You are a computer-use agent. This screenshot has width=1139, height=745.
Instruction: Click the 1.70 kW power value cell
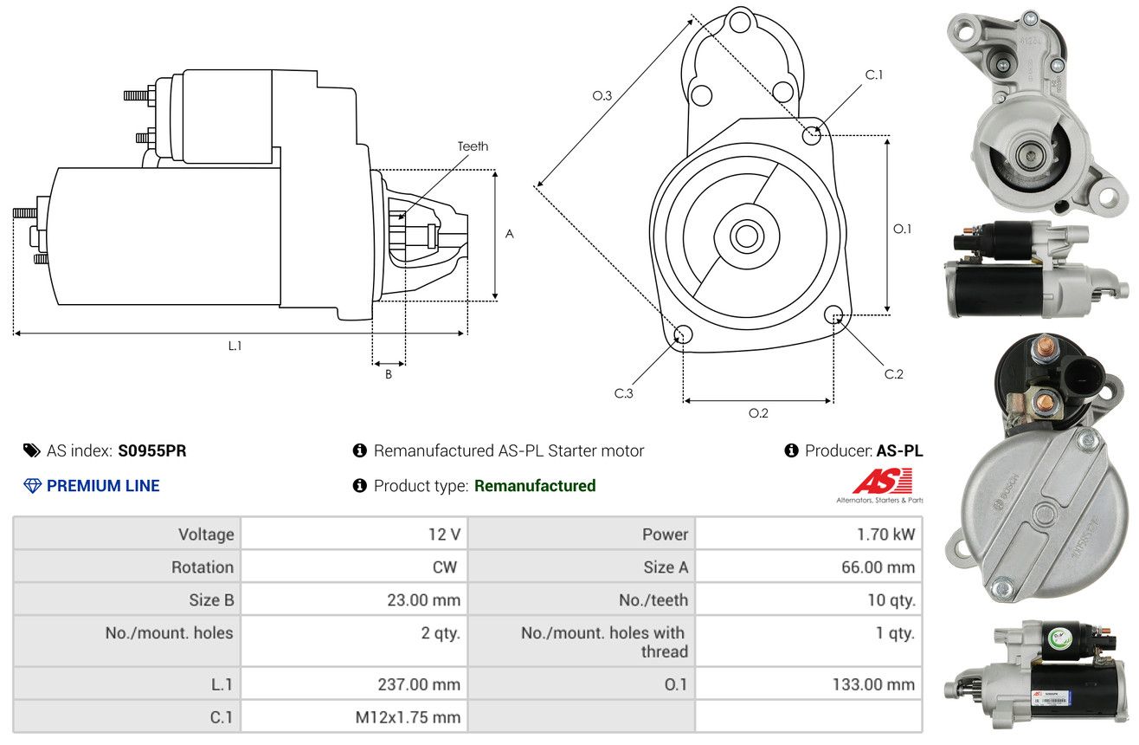point(885,534)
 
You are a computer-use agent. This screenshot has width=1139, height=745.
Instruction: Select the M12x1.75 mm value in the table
point(408,717)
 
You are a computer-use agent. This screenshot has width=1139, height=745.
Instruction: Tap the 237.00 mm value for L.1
point(419,684)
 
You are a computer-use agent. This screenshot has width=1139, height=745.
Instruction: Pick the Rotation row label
point(203,567)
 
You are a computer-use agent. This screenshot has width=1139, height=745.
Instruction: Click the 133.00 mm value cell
point(873,684)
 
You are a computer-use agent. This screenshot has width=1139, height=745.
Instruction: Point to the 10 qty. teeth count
point(891,600)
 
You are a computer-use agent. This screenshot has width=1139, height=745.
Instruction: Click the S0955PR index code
point(152,450)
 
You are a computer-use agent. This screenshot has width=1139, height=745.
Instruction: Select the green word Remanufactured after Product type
point(535,486)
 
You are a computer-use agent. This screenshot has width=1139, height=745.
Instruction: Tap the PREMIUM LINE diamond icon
point(33,486)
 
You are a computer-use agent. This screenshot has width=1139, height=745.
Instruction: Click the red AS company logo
point(883,481)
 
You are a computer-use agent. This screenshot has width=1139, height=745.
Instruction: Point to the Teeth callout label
point(473,146)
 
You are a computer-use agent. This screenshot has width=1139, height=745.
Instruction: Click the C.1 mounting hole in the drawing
point(812,135)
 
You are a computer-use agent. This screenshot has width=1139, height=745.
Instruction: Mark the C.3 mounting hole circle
point(683,335)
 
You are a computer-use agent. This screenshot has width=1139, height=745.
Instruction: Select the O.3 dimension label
point(602,95)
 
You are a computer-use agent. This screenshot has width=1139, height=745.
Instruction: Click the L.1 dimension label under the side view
point(235,346)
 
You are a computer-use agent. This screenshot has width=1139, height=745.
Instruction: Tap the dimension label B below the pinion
point(389,374)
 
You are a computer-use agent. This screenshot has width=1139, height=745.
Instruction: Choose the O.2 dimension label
point(758,413)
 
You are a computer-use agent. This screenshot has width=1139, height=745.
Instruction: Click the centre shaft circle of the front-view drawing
point(746,236)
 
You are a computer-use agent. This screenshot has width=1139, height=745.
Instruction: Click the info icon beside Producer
point(791,450)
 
